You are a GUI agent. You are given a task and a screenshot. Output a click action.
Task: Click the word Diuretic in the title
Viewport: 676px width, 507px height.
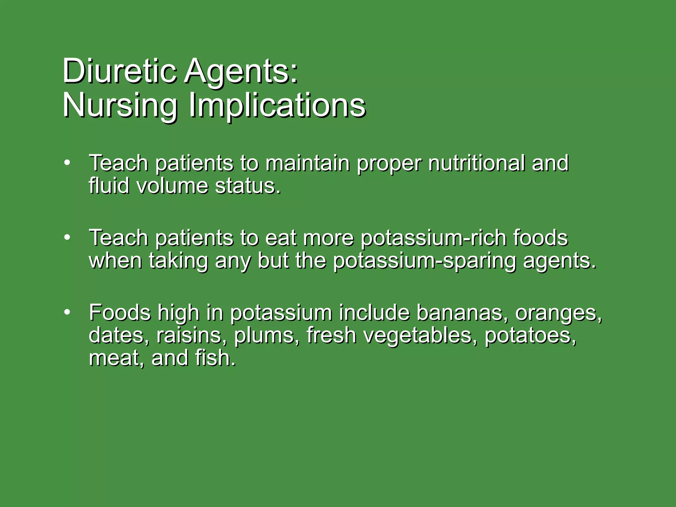tap(119, 71)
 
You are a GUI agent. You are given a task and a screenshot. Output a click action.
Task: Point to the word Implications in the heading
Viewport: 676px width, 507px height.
tap(277, 106)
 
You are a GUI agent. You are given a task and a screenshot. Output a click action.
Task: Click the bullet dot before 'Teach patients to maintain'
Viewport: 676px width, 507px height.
tap(67, 162)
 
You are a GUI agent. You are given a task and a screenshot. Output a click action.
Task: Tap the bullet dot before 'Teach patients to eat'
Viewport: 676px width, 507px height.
tap(67, 237)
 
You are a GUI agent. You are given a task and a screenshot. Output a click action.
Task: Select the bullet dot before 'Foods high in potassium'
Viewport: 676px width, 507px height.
tap(67, 312)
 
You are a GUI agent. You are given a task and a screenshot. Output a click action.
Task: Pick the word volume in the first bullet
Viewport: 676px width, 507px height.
tap(172, 186)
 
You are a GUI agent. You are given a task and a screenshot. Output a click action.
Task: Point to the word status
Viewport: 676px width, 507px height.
tap(248, 186)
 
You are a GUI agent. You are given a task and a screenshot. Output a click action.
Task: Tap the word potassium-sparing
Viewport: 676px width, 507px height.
tap(424, 261)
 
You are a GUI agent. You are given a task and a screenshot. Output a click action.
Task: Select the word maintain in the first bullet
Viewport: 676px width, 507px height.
tap(307, 163)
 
